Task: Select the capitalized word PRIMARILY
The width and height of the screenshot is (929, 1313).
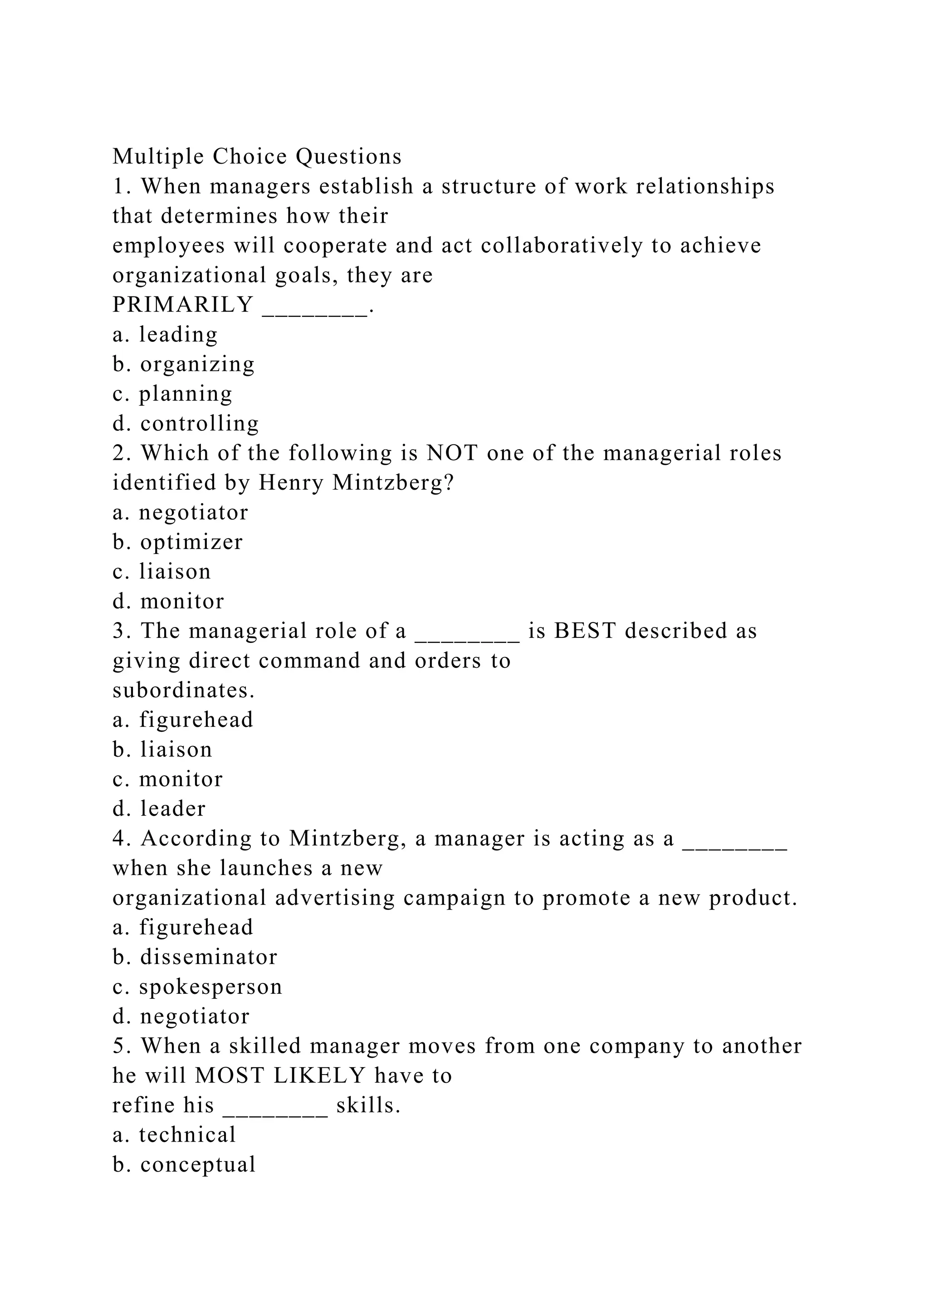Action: point(182,305)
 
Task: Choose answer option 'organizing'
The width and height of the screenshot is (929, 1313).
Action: point(197,364)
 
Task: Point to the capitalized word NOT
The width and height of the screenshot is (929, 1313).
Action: point(452,453)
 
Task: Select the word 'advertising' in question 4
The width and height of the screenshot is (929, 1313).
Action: point(335,898)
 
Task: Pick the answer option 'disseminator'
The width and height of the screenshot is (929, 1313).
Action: point(209,957)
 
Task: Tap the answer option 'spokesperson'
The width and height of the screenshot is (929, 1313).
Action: point(210,987)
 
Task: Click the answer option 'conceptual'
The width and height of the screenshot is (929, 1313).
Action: point(198,1165)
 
